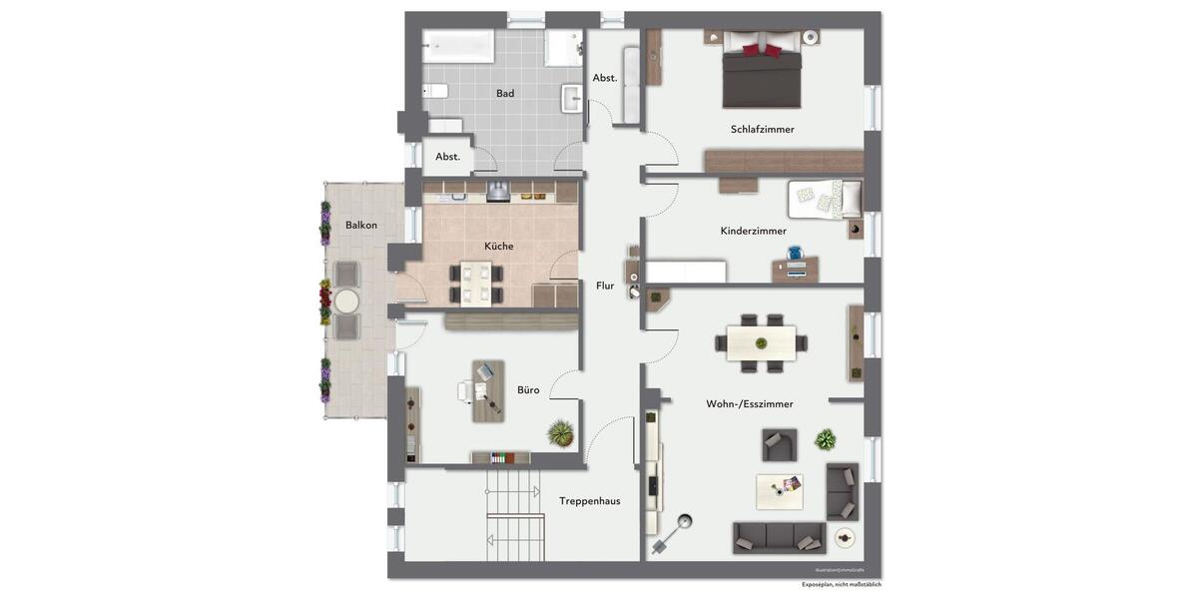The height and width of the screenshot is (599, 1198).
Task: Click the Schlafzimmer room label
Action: pyautogui.click(x=762, y=129)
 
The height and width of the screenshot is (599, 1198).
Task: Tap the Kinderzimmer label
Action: pyautogui.click(x=754, y=231)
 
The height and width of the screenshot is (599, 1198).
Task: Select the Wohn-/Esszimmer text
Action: pyautogui.click(x=749, y=404)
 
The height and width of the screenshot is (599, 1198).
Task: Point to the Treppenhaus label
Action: pyautogui.click(x=589, y=501)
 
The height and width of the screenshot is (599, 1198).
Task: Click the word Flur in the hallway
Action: pyautogui.click(x=605, y=286)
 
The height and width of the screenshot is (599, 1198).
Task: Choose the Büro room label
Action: pyautogui.click(x=528, y=390)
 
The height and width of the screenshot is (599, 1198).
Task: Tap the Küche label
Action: pyautogui.click(x=499, y=246)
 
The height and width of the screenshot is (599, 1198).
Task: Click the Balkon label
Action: pyautogui.click(x=361, y=225)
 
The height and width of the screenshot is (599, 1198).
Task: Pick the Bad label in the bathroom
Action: pyautogui.click(x=505, y=94)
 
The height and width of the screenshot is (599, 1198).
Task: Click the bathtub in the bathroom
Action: pyautogui.click(x=458, y=46)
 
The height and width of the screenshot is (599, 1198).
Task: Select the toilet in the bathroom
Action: pyautogui.click(x=436, y=91)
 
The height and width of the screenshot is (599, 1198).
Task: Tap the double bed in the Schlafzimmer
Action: pyautogui.click(x=762, y=72)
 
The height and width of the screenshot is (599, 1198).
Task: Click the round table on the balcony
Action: pyautogui.click(x=346, y=300)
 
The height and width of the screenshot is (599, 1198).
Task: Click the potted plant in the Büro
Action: pyautogui.click(x=561, y=432)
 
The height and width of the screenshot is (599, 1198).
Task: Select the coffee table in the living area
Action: pyautogui.click(x=779, y=491)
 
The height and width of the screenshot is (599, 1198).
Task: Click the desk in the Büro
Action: pyautogui.click(x=488, y=390)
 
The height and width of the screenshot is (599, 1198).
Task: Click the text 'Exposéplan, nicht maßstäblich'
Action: pyautogui.click(x=841, y=585)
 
